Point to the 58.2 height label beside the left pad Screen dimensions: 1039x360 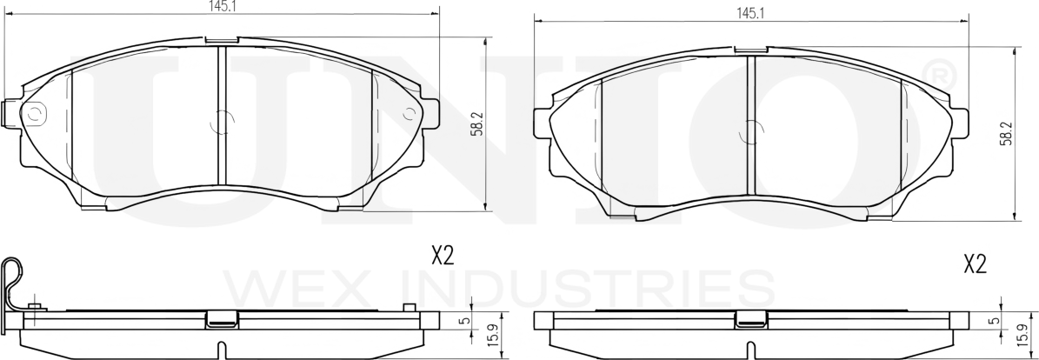(x=476, y=124)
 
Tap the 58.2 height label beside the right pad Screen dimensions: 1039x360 (x=1007, y=134)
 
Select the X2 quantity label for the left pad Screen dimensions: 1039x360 (x=442, y=256)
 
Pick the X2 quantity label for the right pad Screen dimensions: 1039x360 (x=976, y=265)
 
